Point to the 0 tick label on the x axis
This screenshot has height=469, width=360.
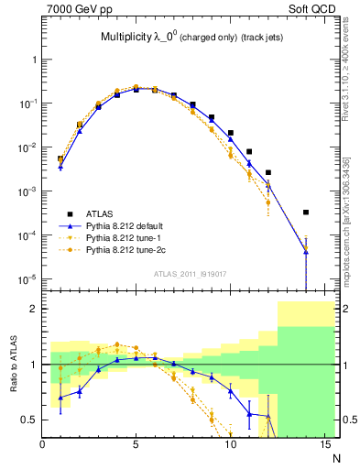click(x=42, y=445)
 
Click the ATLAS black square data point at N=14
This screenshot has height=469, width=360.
click(x=306, y=213)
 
